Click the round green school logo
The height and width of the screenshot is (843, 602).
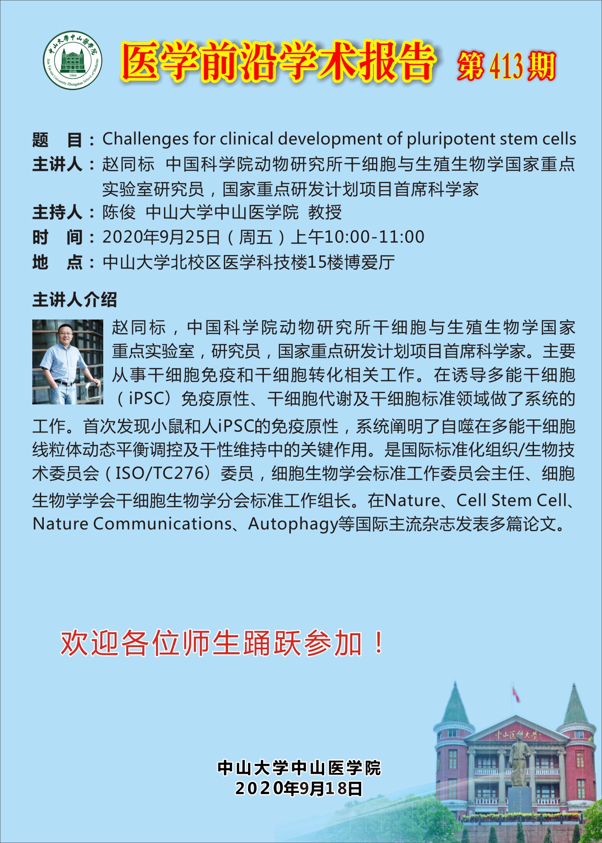tap(73, 60)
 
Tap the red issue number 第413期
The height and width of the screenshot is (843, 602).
tap(506, 66)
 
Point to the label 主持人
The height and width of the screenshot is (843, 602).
tap(57, 212)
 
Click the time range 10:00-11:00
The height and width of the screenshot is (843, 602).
tap(375, 237)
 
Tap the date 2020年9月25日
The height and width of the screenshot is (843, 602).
tap(161, 237)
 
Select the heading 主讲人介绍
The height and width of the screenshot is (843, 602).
tap(74, 300)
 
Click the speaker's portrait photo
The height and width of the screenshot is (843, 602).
tap(68, 362)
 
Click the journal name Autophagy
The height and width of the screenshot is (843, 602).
tap(293, 524)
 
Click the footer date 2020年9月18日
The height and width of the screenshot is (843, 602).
tap(299, 789)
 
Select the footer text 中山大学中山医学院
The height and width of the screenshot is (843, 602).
tap(300, 768)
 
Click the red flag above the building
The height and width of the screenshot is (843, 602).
tap(516, 694)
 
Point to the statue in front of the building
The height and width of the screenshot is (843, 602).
tap(519, 760)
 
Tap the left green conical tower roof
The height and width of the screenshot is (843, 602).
tap(455, 703)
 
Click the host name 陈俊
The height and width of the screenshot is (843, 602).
tap(119, 212)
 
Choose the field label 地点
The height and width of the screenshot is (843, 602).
tap(57, 262)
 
